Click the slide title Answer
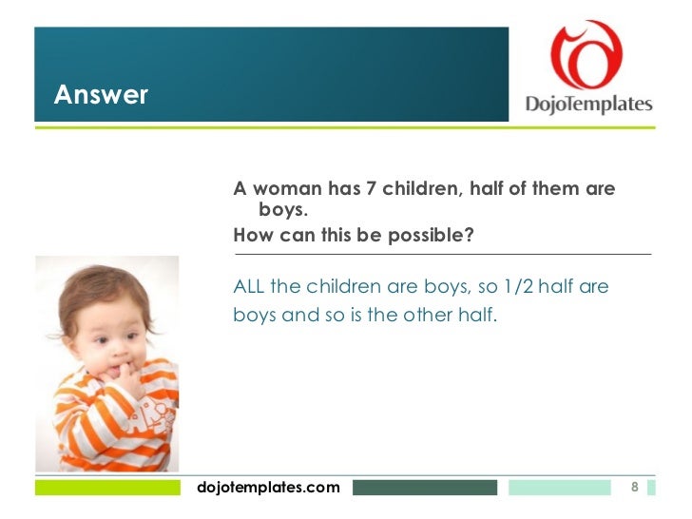pyautogui.click(x=101, y=95)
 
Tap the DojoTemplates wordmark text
pyautogui.click(x=589, y=104)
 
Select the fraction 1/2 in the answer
pyautogui.click(x=502, y=287)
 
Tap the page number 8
pyautogui.click(x=635, y=488)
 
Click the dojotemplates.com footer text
pyautogui.click(x=267, y=488)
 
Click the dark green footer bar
pyautogui.click(x=424, y=488)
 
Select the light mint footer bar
pyautogui.click(x=559, y=488)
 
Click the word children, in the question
pyautogui.click(x=415, y=189)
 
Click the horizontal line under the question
pyautogui.click(x=442, y=255)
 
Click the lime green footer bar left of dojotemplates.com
pyautogui.click(x=106, y=488)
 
